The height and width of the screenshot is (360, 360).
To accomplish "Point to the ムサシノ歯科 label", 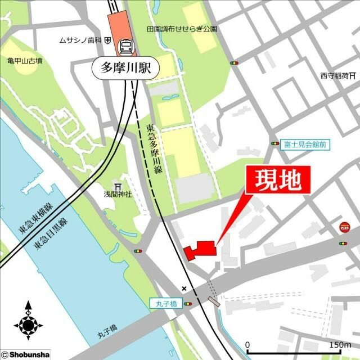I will coord(80,40).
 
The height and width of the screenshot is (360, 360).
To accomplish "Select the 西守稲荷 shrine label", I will coord(335,75).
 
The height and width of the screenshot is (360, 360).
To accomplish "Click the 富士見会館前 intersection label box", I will coord(305,145).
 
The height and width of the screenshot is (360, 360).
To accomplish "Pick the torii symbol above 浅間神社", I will coord(118,186).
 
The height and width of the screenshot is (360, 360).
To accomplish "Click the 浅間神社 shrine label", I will coord(117,195).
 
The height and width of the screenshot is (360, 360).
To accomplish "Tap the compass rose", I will coord(28,322).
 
